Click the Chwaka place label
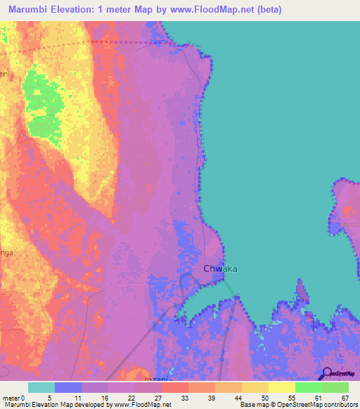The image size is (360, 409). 220,268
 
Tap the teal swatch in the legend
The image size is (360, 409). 41,387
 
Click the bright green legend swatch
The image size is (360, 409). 308,387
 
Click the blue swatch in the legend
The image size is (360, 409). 68,387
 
